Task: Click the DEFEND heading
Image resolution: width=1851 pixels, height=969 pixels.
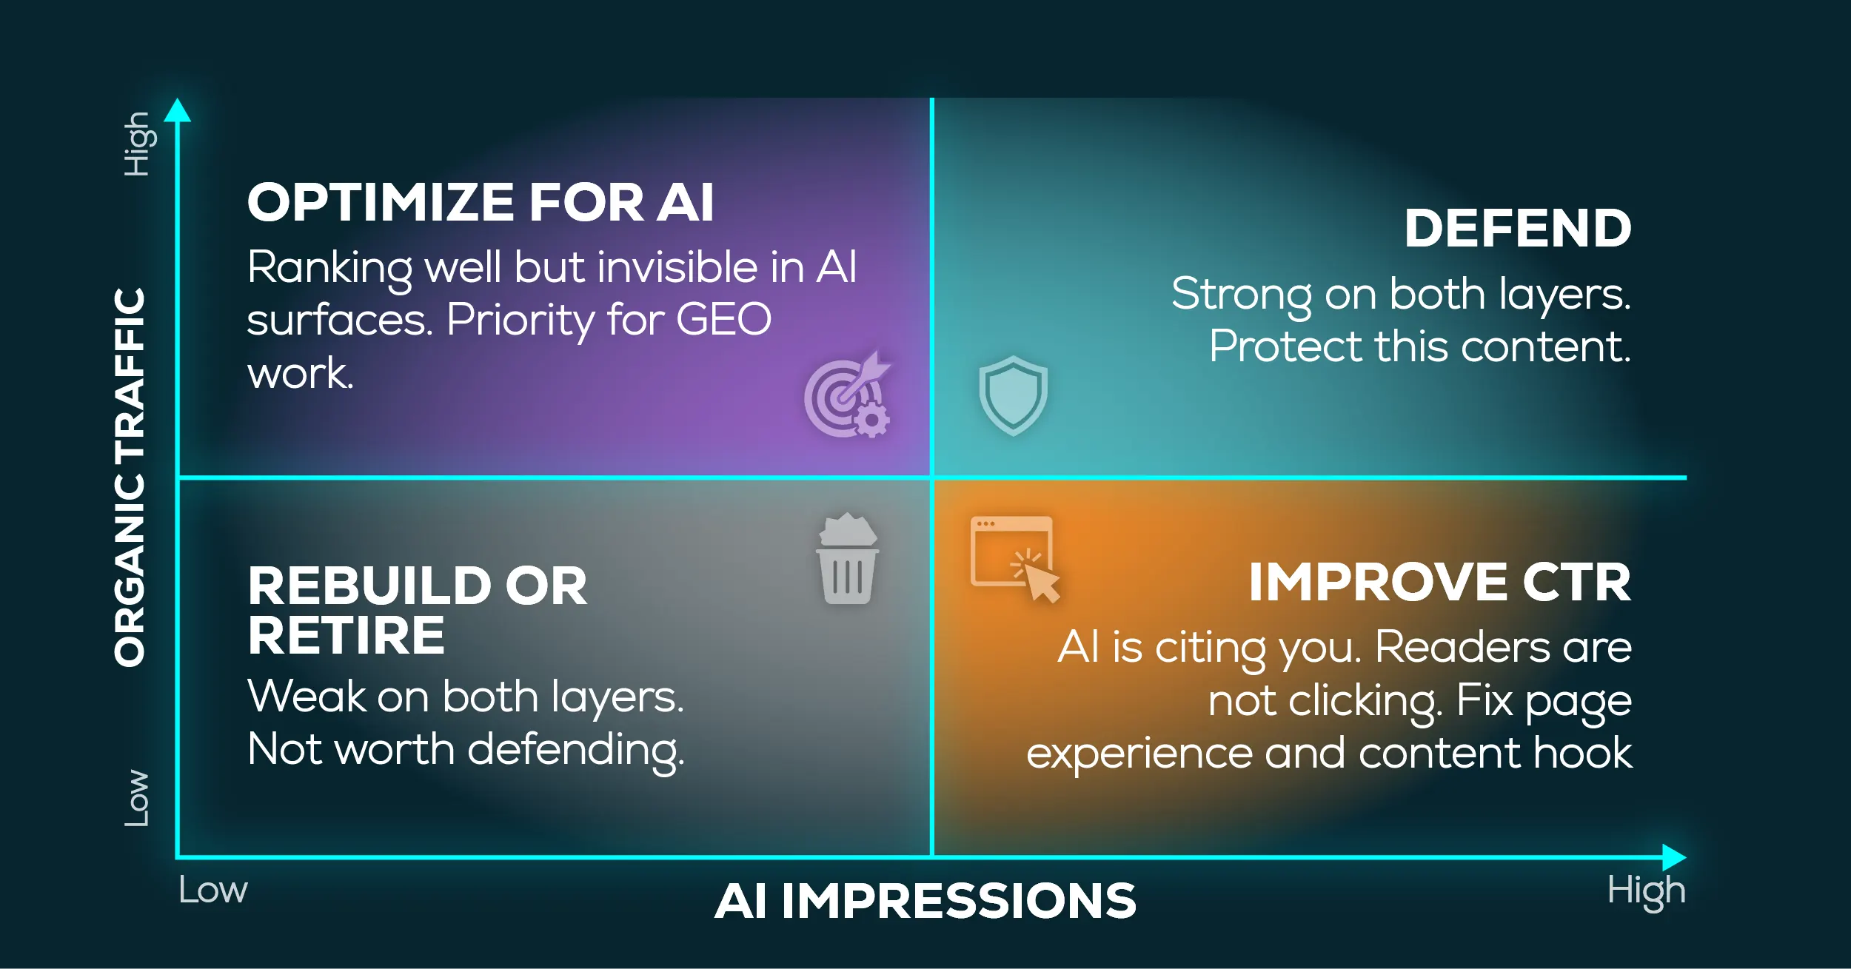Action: click(x=1518, y=228)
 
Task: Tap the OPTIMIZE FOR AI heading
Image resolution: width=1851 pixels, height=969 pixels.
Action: click(x=481, y=202)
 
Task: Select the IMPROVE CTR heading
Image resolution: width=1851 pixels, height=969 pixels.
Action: click(x=1440, y=582)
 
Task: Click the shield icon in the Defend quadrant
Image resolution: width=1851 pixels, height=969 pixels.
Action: click(x=1013, y=396)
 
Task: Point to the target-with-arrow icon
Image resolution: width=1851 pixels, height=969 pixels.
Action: click(x=848, y=394)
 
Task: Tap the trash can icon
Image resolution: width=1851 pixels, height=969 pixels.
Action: click(x=848, y=558)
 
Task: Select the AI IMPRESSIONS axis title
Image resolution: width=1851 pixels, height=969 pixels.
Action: click(x=925, y=901)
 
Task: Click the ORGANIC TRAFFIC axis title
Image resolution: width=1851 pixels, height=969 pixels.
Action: click(x=130, y=477)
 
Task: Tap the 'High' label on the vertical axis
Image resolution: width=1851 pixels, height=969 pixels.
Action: click(x=139, y=144)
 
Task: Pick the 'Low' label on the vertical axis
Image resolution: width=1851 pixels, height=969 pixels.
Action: click(x=137, y=798)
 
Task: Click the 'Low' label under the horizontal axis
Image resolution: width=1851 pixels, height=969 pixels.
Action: click(x=213, y=890)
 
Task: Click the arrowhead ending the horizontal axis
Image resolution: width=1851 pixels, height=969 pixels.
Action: click(x=1674, y=857)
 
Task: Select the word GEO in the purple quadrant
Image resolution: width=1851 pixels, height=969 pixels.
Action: click(x=723, y=320)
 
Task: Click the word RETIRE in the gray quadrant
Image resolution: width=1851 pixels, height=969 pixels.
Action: click(x=347, y=636)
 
